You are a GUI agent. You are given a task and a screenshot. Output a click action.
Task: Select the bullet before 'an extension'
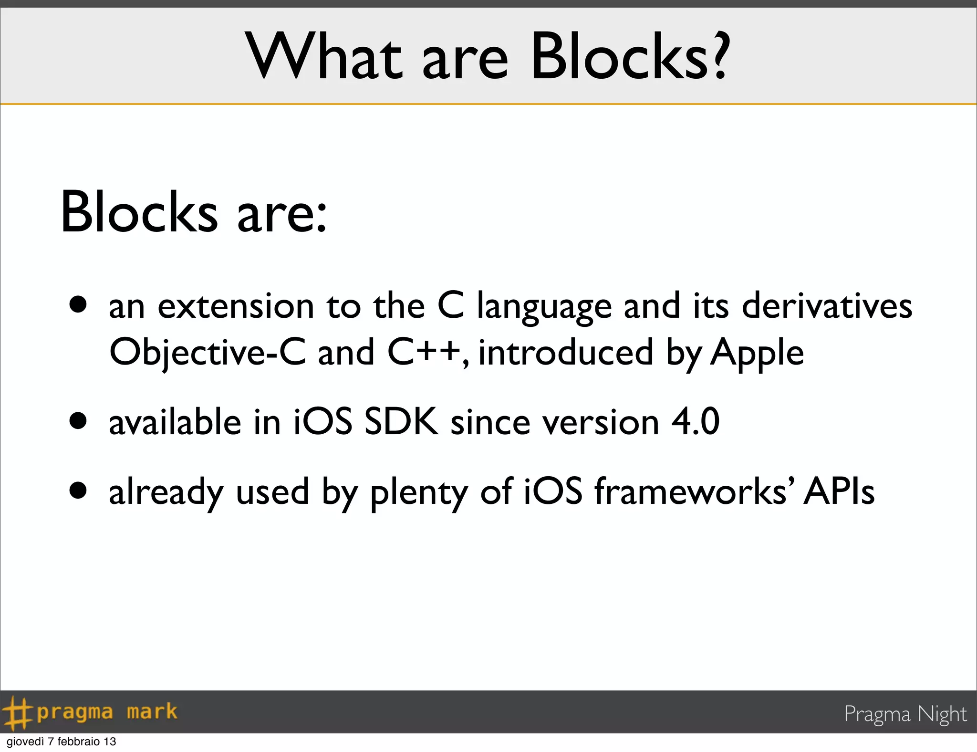click(78, 305)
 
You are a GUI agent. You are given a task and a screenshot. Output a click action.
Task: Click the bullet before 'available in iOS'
click(78, 421)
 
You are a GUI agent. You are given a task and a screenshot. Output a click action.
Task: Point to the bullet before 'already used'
click(78, 491)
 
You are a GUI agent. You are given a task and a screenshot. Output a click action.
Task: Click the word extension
click(236, 306)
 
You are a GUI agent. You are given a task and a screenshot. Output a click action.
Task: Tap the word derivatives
click(827, 306)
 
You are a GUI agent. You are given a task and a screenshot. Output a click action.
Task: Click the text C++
click(424, 352)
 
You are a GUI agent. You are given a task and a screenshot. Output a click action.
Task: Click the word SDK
click(401, 422)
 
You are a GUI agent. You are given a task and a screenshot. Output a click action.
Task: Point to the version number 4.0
click(695, 422)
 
